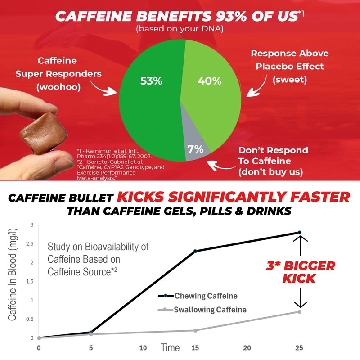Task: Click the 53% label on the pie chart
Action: pos(151,81)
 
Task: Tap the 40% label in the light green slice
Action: pos(209,81)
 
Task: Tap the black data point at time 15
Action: pos(195,251)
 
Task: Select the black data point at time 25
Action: pos(299,233)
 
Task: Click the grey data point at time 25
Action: pos(299,312)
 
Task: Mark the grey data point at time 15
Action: pos(195,331)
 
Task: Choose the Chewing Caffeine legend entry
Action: pos(198,296)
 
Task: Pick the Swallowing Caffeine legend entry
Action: pos(202,310)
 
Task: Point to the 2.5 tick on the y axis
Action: pos(30,244)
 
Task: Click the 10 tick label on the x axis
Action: pos(143,348)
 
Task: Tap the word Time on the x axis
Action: pos(170,347)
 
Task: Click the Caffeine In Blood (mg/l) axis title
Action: pos(13,274)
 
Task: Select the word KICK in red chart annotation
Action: pos(299,279)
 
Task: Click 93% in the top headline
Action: pos(231,16)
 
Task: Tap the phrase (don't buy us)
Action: pos(271,172)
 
